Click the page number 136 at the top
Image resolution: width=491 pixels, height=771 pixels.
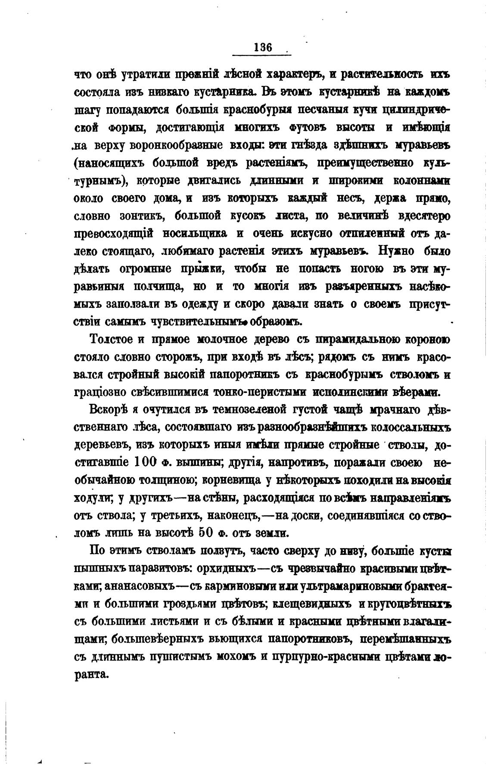tap(263, 47)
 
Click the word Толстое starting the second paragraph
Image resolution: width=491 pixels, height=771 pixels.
tap(111, 340)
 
